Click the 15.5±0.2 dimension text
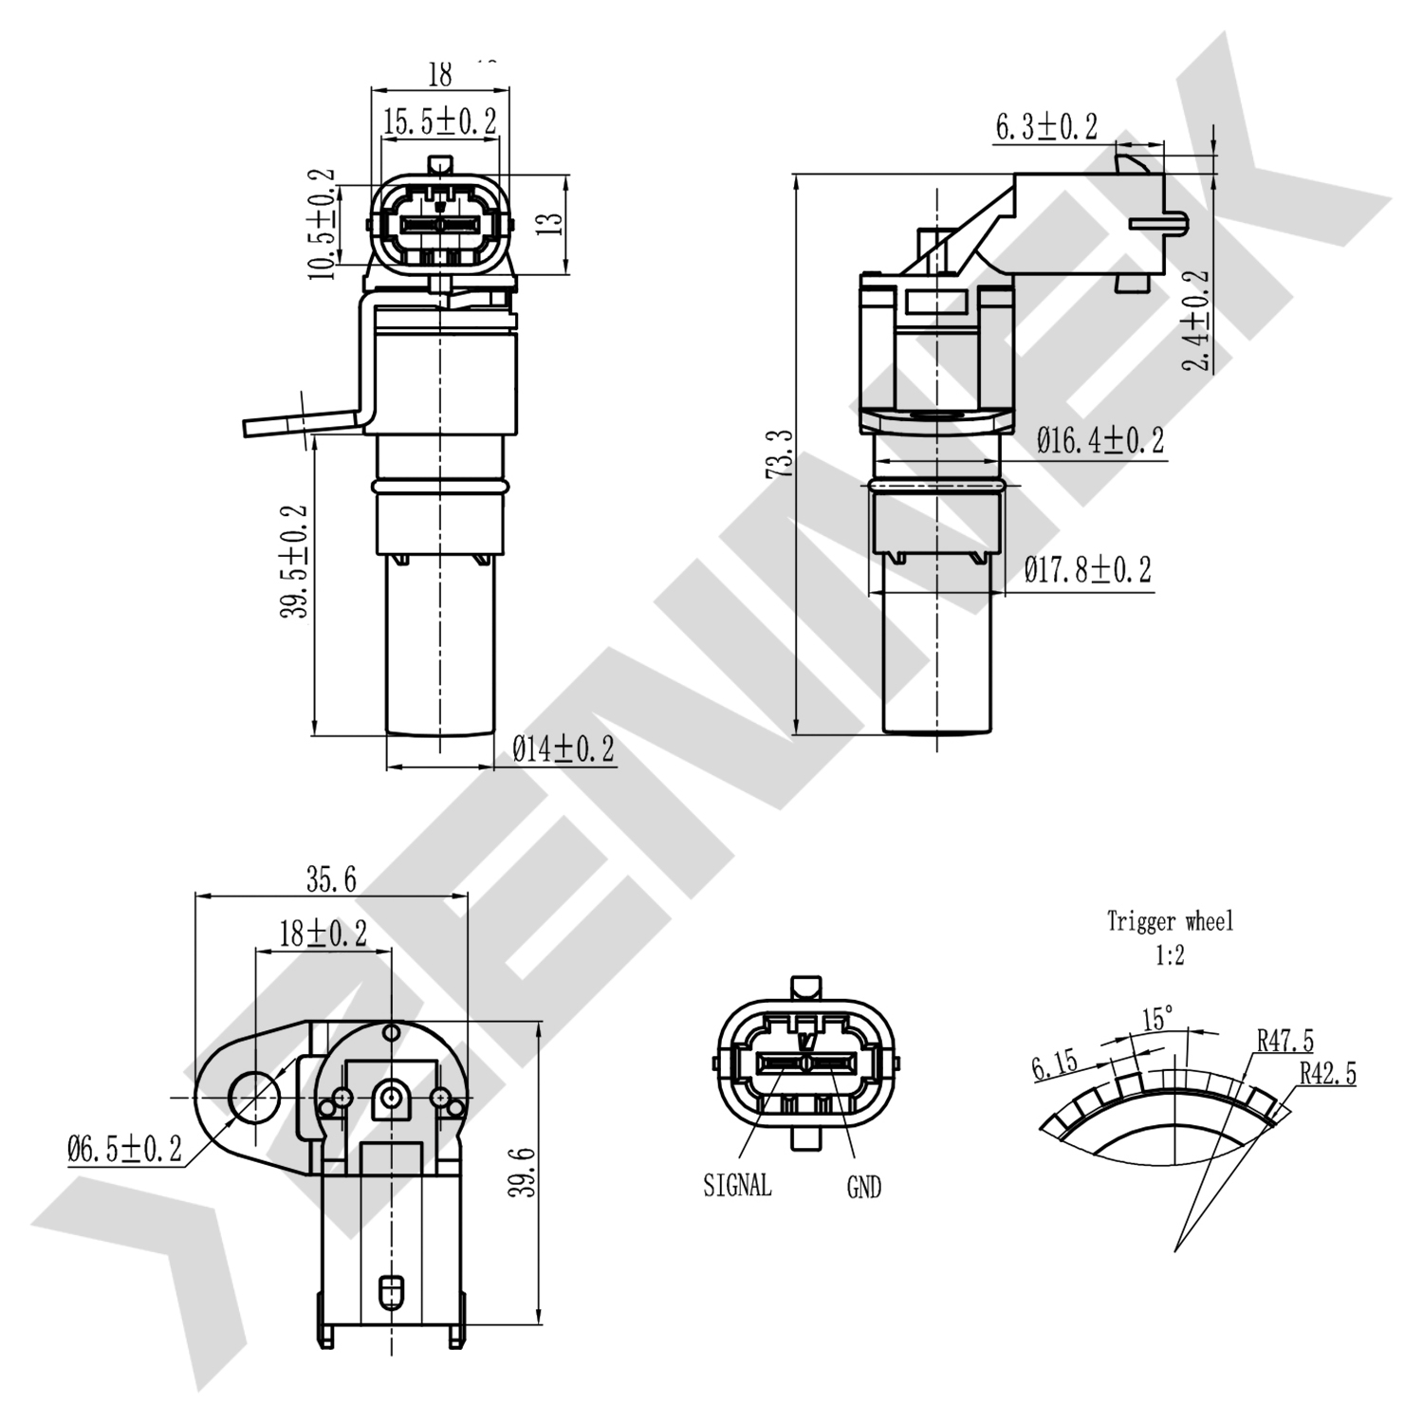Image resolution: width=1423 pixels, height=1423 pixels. [x=439, y=121]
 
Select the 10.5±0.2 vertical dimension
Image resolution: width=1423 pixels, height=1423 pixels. [x=322, y=224]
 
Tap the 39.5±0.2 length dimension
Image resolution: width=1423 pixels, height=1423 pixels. [x=294, y=561]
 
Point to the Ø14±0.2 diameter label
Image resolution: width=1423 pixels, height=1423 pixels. [x=563, y=749]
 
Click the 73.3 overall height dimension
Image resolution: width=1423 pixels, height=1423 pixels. [x=779, y=453]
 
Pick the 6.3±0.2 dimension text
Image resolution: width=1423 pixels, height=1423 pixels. [x=1045, y=127]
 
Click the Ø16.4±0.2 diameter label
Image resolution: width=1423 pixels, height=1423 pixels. [x=1100, y=441]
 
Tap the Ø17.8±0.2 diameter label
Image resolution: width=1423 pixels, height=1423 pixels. [x=1087, y=570]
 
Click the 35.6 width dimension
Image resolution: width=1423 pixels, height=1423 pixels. [x=331, y=880]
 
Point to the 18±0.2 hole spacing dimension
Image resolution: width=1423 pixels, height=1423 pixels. [x=323, y=933]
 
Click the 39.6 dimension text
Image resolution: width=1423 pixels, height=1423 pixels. [x=520, y=1172]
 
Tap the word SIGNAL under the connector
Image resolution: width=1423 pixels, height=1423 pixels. [x=737, y=1185]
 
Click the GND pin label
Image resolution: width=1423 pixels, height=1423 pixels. [x=863, y=1187]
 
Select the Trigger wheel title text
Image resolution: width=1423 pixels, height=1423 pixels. [x=1170, y=921]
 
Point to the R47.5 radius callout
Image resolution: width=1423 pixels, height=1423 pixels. [x=1284, y=1041]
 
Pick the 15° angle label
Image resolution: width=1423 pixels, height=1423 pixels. [x=1157, y=1020]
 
